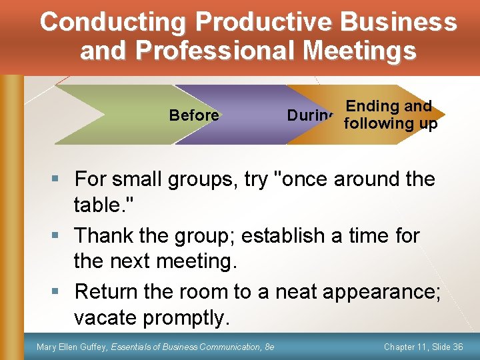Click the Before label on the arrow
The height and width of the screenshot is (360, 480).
194,115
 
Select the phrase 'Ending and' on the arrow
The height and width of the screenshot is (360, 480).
389,106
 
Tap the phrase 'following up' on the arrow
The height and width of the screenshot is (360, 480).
389,123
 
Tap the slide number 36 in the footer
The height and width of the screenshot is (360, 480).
457,346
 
